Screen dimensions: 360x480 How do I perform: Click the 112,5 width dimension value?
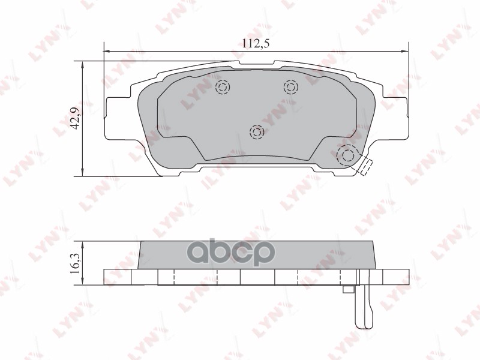pyautogui.click(x=255, y=43)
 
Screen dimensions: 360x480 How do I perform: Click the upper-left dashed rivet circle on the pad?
pyautogui.click(x=222, y=88)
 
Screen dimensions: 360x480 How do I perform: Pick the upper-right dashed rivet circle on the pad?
pyautogui.click(x=291, y=88)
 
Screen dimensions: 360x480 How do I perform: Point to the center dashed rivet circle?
pyautogui.click(x=257, y=131)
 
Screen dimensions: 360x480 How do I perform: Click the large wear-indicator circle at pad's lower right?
pyautogui.click(x=347, y=157)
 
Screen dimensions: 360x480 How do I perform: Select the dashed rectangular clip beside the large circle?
pyautogui.click(x=364, y=167)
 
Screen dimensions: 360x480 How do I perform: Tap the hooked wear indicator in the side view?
pyautogui.click(x=362, y=306)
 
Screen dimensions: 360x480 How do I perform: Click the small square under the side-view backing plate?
pyautogui.click(x=347, y=290)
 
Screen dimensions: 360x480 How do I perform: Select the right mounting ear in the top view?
pyautogui.click(x=392, y=117)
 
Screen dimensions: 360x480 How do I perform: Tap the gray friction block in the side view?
pyautogui.click(x=257, y=255)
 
